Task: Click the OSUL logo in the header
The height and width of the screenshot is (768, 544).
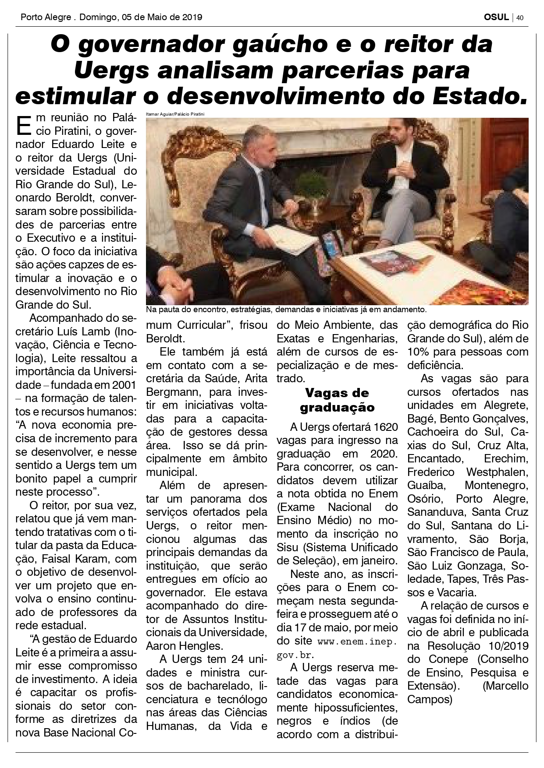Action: coord(496,17)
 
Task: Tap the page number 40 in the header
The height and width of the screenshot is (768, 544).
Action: coord(520,18)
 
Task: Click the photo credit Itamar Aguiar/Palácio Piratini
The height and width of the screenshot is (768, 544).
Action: coord(175,114)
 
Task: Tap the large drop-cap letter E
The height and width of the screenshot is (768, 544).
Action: coord(23,125)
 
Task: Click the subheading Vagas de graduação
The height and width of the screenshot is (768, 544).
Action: coord(337,400)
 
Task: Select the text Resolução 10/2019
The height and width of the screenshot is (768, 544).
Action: coord(478,646)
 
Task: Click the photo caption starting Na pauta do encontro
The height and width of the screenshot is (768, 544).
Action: coord(286,310)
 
